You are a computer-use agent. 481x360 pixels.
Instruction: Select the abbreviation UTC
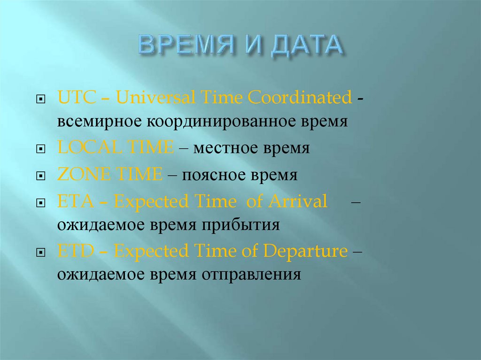coord(74,98)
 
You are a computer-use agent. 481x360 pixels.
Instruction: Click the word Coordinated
coord(300,98)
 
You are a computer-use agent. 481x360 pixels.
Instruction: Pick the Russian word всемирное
coord(100,122)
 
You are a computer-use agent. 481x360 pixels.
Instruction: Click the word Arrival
coord(298,202)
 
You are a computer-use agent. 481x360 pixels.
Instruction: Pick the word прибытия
coord(241,225)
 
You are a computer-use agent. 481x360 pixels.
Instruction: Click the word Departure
coord(305,251)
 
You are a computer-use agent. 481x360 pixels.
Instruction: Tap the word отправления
coord(251,275)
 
